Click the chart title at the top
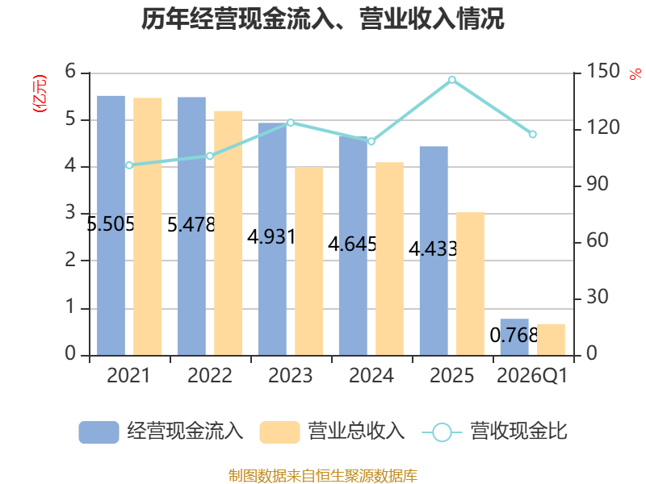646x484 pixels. pos(322,19)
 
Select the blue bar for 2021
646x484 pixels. pos(111,226)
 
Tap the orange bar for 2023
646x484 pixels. pos(309,261)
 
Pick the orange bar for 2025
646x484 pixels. pos(470,284)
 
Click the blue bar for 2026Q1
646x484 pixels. pos(514,337)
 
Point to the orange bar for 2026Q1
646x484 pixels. pos(551,340)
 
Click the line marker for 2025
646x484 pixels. pos(452,80)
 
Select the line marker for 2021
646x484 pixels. pos(129,165)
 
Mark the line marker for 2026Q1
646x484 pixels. pos(533,134)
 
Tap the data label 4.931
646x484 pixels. pos(271,236)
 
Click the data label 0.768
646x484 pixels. pos(514,335)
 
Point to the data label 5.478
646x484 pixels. pos(191,225)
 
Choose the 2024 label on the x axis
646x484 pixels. pos(371,375)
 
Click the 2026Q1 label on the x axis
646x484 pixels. pos(532,376)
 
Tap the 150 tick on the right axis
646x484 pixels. pos(603,71)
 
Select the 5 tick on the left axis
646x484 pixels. pos(70,119)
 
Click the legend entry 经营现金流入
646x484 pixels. pos(161,432)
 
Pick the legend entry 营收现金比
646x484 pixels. pos(495,432)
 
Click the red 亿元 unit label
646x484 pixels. pos(40,94)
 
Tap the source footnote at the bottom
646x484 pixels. pos(323,476)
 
